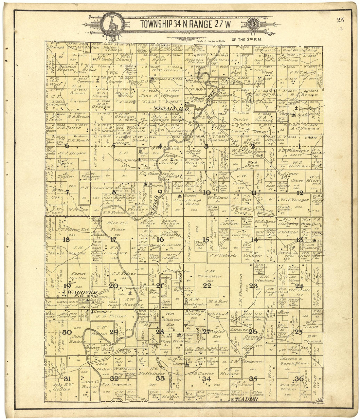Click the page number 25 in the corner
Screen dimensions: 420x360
pyautogui.click(x=340, y=20)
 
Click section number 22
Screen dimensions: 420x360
pyautogui.click(x=207, y=285)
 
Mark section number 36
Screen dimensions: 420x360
pyautogui.click(x=299, y=378)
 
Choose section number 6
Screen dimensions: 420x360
pyautogui.click(x=67, y=146)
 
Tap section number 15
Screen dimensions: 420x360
pyautogui.click(x=206, y=240)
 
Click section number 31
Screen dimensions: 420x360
pyautogui.click(x=67, y=379)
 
